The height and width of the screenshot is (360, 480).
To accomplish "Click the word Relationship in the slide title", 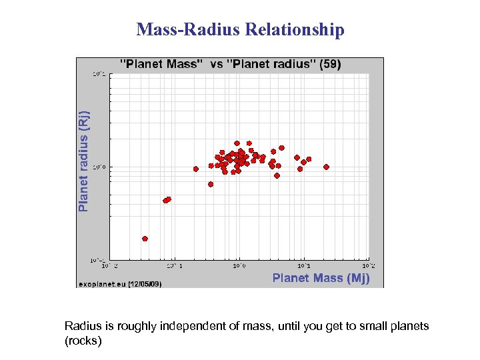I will [x=295, y=30].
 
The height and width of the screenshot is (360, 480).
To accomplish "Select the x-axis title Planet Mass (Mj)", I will [x=321, y=278].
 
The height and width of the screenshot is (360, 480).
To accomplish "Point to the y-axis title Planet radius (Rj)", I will [x=83, y=161].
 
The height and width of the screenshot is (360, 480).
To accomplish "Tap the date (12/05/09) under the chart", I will [x=145, y=284].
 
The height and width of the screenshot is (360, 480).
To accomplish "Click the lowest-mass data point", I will [x=145, y=238].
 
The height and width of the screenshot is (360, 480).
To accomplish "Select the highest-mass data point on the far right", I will [x=327, y=167].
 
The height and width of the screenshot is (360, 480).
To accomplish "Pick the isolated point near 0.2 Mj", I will [x=196, y=169].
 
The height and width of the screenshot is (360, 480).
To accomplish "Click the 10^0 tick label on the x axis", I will [x=239, y=265].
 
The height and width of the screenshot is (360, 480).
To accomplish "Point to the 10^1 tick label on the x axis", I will [x=303, y=265].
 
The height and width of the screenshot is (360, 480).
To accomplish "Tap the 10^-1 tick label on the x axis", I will [x=173, y=265].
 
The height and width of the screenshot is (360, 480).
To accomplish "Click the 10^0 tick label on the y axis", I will [x=99, y=167].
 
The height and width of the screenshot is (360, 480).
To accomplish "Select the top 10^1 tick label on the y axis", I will [x=99, y=74].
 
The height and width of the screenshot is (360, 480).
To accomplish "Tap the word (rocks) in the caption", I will [x=83, y=340].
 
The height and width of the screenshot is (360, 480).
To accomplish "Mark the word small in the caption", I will [x=371, y=326].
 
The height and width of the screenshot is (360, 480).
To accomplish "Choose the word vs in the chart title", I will [x=217, y=65].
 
